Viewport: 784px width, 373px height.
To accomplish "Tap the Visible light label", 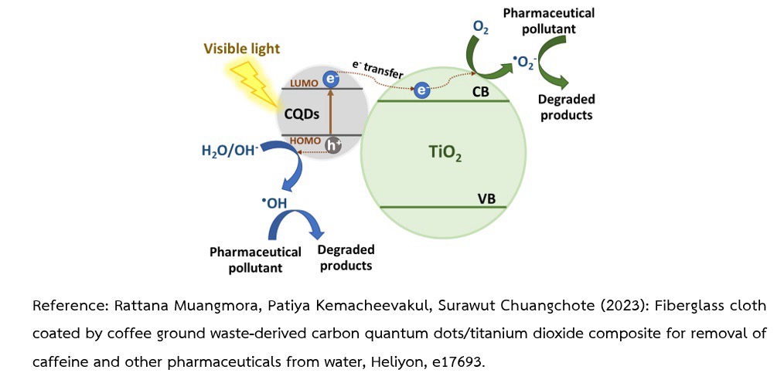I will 241,49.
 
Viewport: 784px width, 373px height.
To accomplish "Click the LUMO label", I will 303,83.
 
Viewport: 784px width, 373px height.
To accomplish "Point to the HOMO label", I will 303,140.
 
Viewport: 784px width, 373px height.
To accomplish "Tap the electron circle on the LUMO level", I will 330,79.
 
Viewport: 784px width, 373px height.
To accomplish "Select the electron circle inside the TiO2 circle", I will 422,91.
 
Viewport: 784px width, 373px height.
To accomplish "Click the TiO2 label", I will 445,153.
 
